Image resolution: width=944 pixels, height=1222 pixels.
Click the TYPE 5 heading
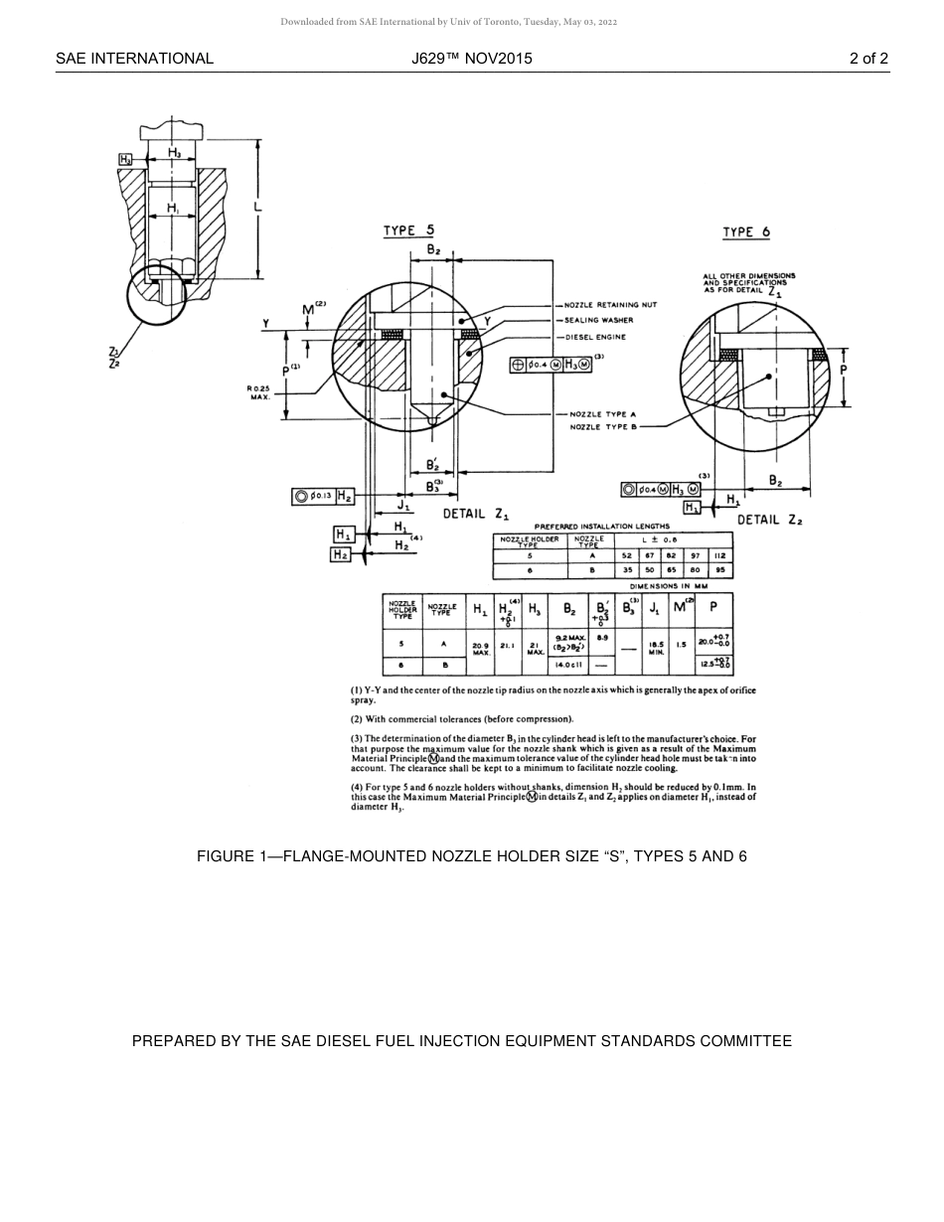(x=408, y=231)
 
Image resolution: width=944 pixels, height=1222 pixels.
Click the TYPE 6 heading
(x=746, y=232)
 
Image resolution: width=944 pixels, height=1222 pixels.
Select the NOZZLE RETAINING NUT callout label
(x=610, y=305)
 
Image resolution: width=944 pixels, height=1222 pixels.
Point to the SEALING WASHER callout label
(x=598, y=320)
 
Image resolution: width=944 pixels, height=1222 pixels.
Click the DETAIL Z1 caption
(x=475, y=514)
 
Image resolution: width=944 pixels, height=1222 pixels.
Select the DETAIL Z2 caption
(x=769, y=520)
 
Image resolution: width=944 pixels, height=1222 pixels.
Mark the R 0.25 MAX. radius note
(x=259, y=391)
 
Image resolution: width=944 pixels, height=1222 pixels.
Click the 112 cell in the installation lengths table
(x=720, y=556)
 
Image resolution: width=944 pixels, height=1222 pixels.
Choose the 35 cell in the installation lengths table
(x=627, y=570)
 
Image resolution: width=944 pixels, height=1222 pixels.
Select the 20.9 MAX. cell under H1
(x=481, y=648)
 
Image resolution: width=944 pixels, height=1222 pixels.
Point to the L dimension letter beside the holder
(x=257, y=206)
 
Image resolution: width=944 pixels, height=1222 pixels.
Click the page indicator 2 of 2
(x=868, y=59)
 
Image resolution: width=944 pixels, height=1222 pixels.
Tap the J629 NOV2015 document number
(x=471, y=59)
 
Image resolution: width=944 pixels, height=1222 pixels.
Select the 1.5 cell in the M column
(x=681, y=645)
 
